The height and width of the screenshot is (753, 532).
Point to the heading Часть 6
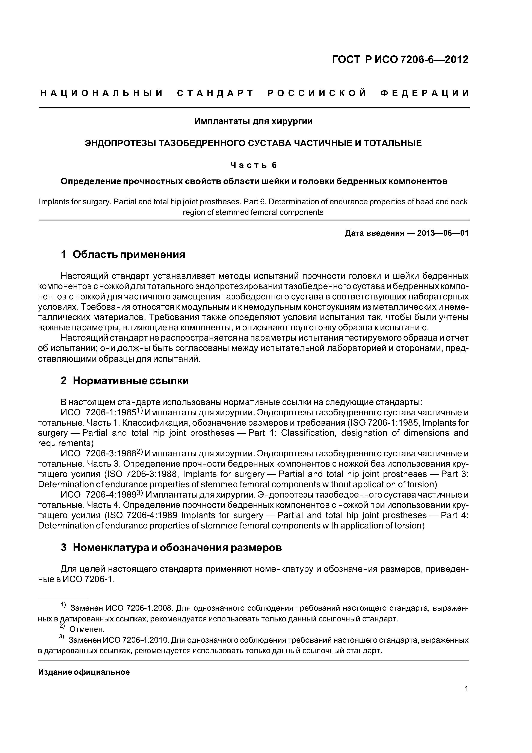[253, 165]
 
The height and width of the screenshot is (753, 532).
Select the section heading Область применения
[129, 255]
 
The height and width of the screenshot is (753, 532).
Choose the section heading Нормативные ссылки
[130, 381]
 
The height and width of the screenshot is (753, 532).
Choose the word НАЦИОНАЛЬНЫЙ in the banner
[102, 93]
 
